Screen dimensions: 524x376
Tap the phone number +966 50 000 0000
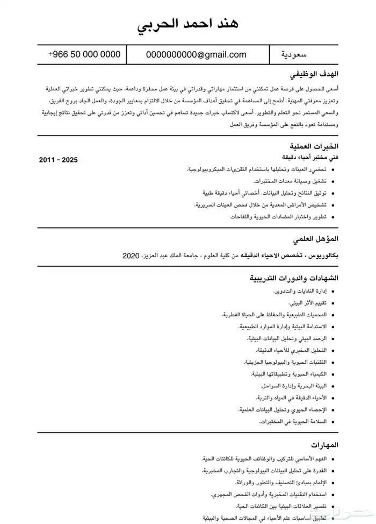tap(84, 54)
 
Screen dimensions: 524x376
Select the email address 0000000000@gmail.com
tap(196, 54)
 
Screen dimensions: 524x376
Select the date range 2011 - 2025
tap(59, 160)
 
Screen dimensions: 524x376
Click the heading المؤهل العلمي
tap(316, 238)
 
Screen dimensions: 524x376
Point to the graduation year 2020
tap(131, 255)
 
